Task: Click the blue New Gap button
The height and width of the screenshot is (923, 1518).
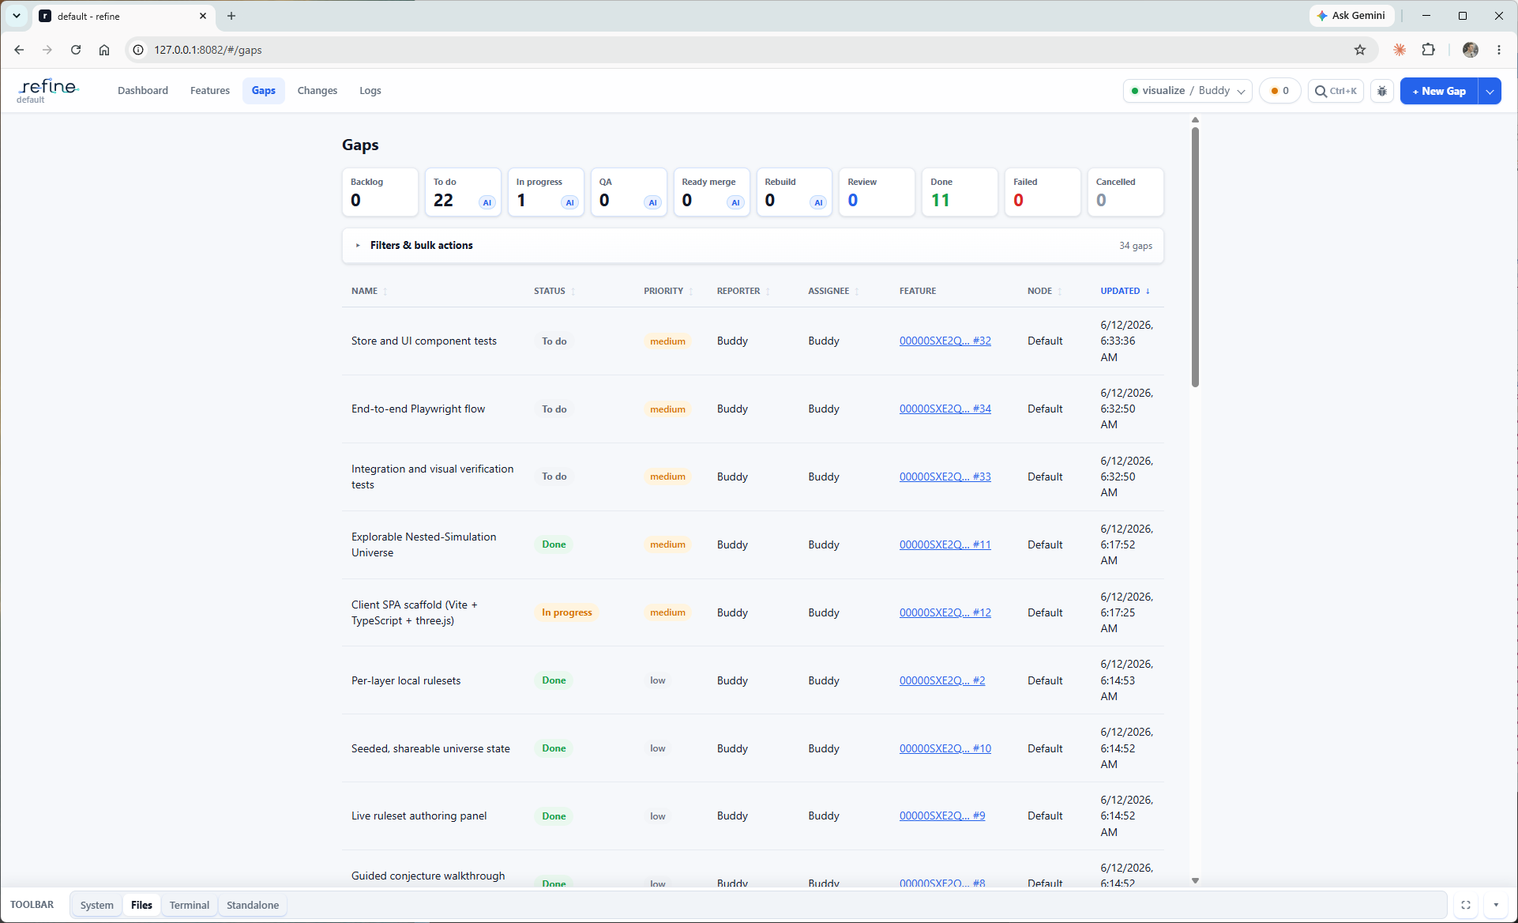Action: [1438, 91]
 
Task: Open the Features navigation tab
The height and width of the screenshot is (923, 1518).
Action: [210, 91]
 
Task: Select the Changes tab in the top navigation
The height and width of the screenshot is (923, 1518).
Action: [318, 91]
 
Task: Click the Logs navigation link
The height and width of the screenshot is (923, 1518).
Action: [370, 91]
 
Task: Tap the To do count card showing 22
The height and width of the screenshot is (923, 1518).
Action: [463, 192]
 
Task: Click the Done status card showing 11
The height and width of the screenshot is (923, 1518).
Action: [960, 192]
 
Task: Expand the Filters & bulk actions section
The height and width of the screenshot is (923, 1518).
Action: [422, 246]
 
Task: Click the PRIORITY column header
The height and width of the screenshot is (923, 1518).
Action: [663, 292]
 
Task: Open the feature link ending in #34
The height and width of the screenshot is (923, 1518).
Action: [945, 409]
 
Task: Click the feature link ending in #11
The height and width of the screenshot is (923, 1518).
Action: [945, 545]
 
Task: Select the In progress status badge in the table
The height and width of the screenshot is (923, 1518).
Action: [567, 613]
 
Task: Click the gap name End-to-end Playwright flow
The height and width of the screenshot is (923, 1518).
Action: [418, 409]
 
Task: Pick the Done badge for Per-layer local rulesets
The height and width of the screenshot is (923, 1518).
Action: [554, 681]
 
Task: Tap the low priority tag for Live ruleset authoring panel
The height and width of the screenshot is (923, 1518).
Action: [658, 817]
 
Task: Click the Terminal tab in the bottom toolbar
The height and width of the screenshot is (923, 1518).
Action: [190, 906]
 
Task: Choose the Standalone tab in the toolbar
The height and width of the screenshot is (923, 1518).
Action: [253, 906]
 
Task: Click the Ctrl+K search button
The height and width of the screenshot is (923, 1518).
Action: [1336, 91]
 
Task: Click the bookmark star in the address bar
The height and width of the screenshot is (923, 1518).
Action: [1360, 50]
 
